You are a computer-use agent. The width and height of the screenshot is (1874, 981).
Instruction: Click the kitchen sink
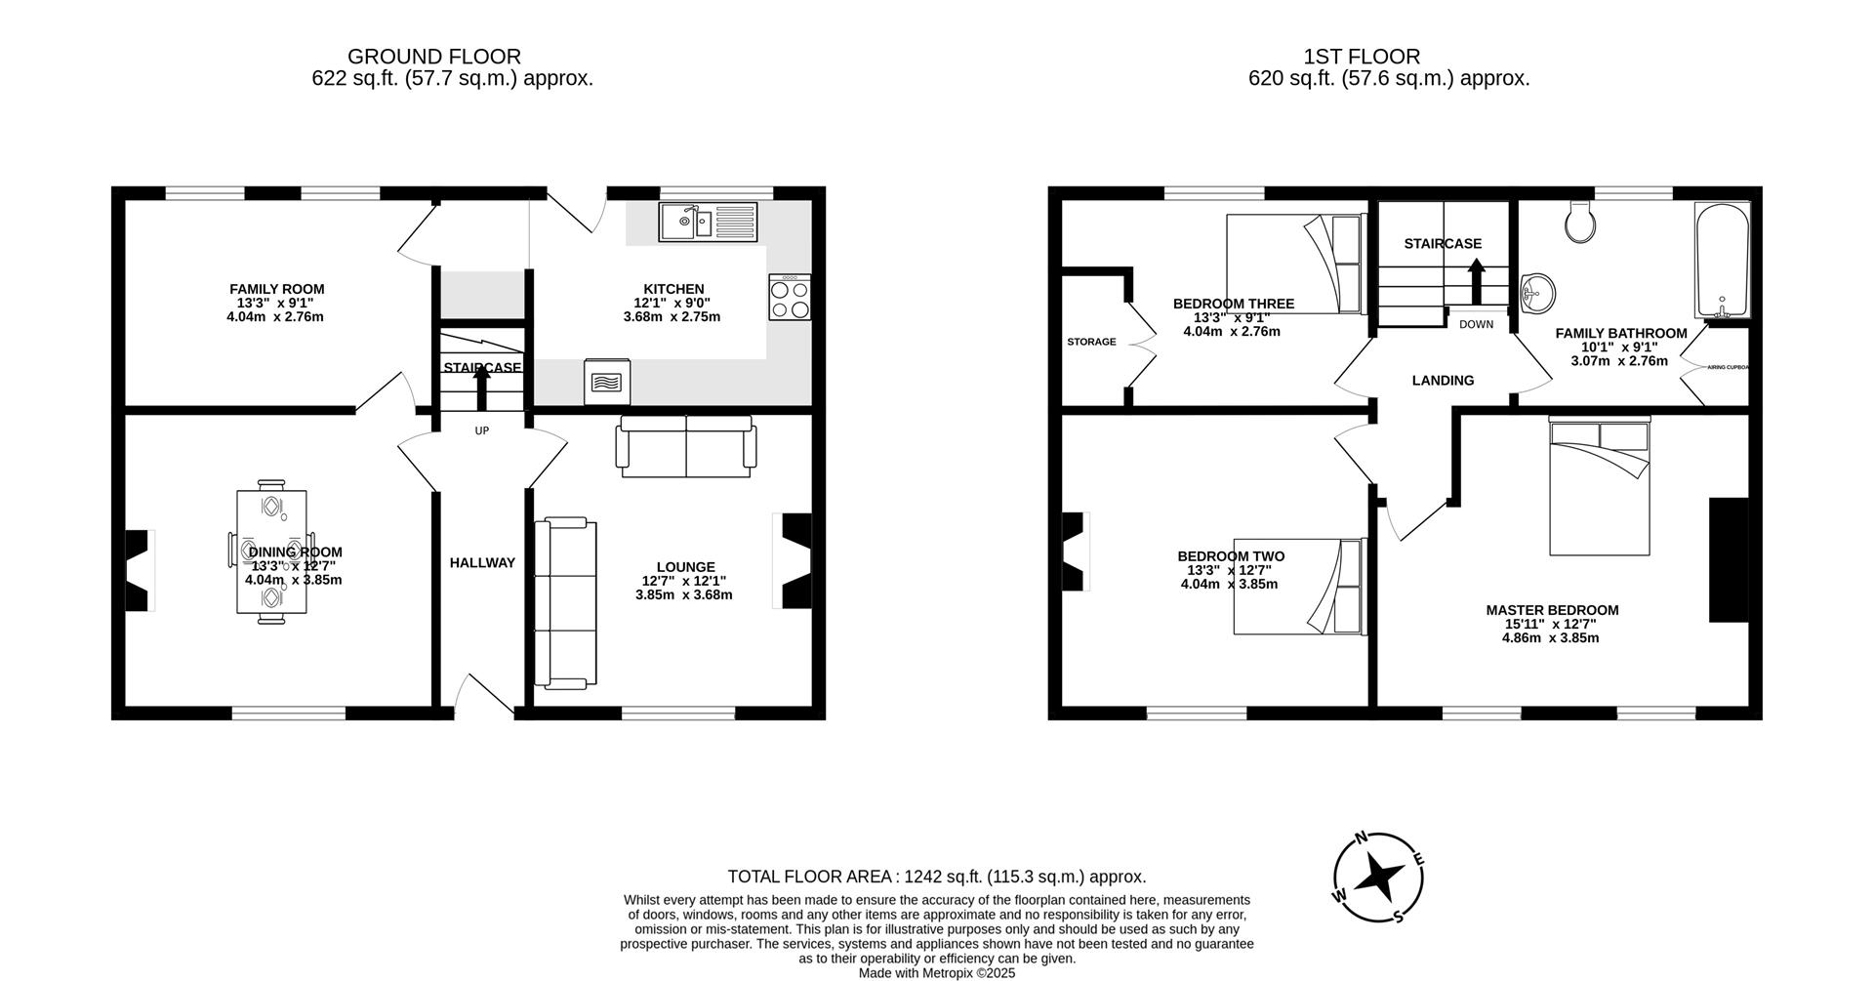[x=708, y=222]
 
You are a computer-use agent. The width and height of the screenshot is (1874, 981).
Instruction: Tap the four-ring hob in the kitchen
[x=790, y=297]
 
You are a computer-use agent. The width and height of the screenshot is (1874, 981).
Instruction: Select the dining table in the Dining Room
[x=271, y=552]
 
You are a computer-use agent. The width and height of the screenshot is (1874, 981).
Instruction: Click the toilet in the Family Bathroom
[x=1579, y=223]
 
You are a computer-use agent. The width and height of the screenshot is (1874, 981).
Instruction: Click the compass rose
[x=1378, y=877]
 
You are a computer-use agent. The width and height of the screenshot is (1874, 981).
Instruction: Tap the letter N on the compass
[x=1361, y=838]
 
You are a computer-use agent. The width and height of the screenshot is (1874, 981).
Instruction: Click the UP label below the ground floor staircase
[x=482, y=430]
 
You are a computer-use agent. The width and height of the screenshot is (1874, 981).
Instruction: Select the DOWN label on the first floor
[x=1476, y=324]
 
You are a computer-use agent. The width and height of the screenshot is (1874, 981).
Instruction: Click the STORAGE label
[x=1091, y=342]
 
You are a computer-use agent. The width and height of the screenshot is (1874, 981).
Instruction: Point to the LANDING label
[x=1443, y=381]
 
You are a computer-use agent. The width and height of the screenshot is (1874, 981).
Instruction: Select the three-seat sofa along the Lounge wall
[x=565, y=603]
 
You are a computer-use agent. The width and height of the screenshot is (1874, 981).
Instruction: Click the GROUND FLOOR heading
[x=434, y=57]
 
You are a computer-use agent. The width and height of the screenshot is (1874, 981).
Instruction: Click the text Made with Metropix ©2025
[x=937, y=972]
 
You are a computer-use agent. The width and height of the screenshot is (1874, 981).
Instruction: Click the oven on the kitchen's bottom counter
[x=607, y=382]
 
